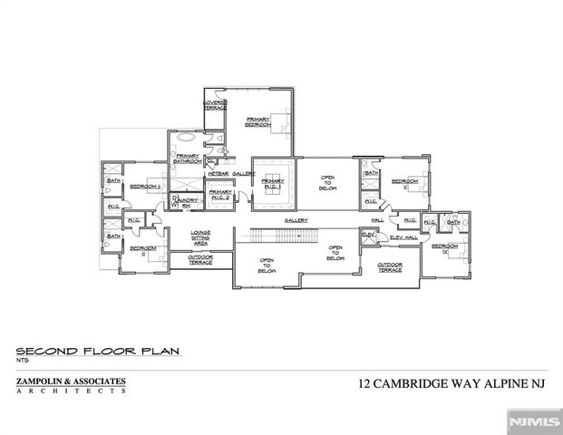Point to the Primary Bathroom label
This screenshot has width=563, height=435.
point(188,159)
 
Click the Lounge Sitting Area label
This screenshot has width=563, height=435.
point(200,240)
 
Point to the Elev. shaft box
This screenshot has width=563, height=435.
point(368,235)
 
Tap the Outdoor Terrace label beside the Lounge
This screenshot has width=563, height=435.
point(200,259)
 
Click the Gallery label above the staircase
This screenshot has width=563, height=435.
point(296,219)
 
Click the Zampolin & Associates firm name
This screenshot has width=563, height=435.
point(71,382)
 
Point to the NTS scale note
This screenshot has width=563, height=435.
point(23,361)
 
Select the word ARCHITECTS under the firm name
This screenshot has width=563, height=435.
point(71,391)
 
